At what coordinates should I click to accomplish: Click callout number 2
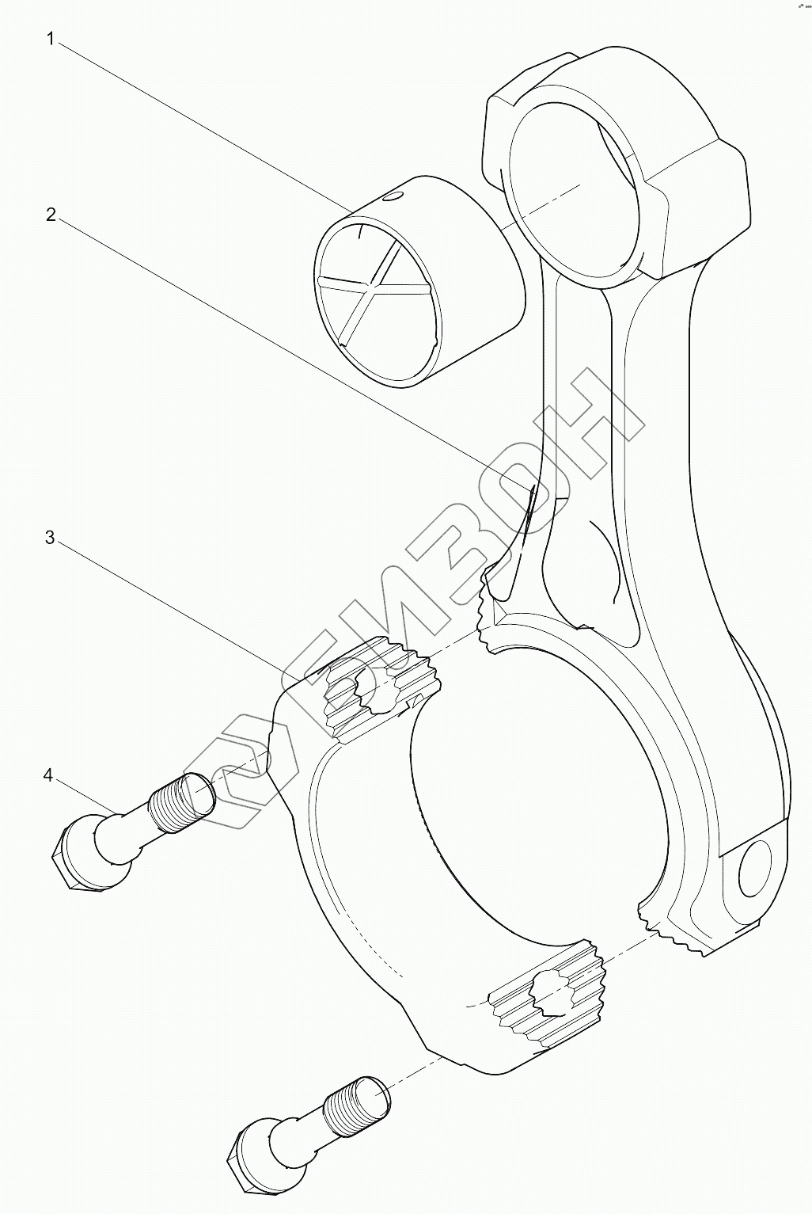point(50,215)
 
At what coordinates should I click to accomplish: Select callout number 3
point(50,538)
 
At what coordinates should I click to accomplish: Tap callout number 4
point(48,774)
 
